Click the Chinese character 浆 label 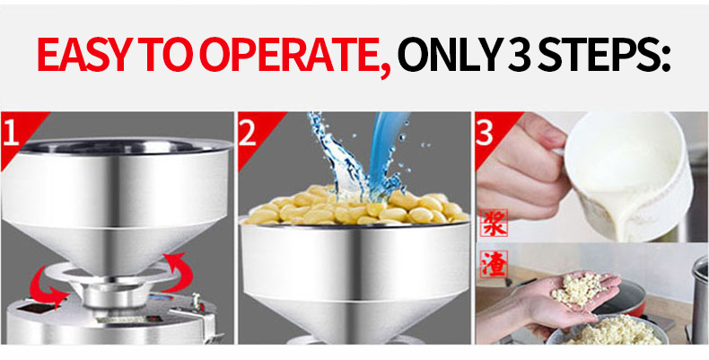pos(494,223)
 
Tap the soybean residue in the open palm pos(576,288)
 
